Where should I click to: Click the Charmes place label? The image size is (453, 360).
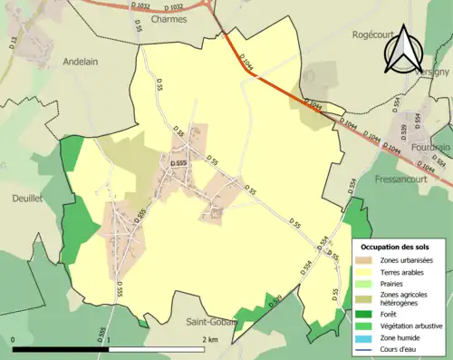coord(170,17)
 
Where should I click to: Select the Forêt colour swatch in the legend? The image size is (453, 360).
coord(362,314)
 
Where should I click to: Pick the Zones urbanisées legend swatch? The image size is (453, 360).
coord(362,259)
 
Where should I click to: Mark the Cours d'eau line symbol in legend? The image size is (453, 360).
coord(362,350)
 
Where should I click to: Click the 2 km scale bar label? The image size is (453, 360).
coord(211,339)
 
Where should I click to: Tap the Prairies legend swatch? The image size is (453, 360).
coord(362,283)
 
